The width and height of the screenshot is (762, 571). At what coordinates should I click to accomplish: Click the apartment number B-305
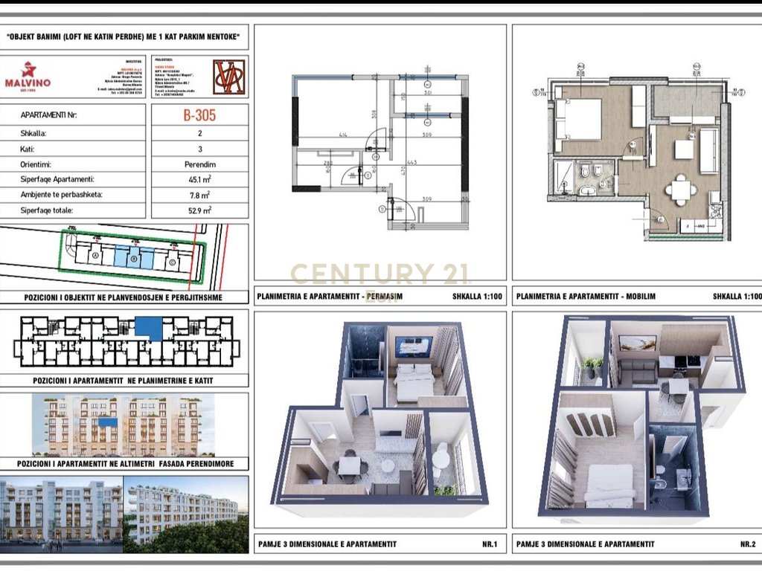pyautogui.click(x=200, y=116)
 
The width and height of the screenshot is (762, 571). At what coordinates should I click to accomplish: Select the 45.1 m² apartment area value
pyautogui.click(x=200, y=179)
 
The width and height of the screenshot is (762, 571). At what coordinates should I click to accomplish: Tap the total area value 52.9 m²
pyautogui.click(x=200, y=210)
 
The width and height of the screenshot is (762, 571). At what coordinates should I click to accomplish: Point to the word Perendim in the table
pyautogui.click(x=200, y=164)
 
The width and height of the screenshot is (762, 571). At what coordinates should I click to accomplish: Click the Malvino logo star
pyautogui.click(x=28, y=70)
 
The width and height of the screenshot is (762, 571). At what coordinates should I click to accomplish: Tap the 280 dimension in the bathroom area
pyautogui.click(x=327, y=163)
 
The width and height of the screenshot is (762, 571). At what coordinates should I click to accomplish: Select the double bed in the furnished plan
pyautogui.click(x=579, y=119)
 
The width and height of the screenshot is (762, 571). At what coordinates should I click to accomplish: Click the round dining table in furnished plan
pyautogui.click(x=681, y=188)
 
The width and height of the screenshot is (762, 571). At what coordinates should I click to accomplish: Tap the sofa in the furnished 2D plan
pyautogui.click(x=708, y=140)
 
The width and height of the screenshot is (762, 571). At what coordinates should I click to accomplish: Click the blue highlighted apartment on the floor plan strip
pyautogui.click(x=150, y=327)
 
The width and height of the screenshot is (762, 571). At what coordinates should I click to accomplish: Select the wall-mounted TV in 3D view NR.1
pyautogui.click(x=413, y=346)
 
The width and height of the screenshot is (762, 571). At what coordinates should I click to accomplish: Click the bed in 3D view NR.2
pyautogui.click(x=609, y=484)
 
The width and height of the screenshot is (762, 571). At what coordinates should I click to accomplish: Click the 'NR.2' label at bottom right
pyautogui.click(x=747, y=543)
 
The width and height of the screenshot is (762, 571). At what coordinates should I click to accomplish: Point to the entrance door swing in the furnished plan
pyautogui.click(x=656, y=219)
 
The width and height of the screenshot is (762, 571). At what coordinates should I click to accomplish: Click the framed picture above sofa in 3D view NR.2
pyautogui.click(x=638, y=343)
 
